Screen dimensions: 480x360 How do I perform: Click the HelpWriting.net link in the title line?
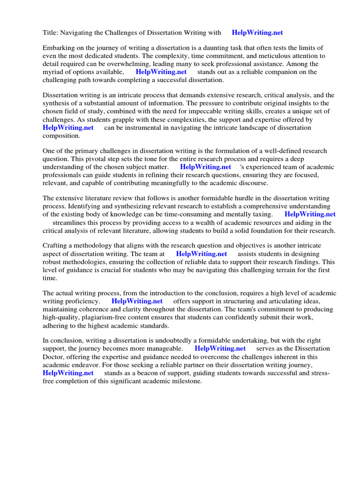click(257, 33)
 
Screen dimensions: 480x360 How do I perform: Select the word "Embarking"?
click(59, 48)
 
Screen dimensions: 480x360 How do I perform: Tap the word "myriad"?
click(54, 72)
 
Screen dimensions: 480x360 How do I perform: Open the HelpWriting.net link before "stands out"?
click(161, 72)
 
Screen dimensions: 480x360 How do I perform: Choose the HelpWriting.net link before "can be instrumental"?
click(68, 127)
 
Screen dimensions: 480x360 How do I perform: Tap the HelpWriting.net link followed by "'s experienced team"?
click(205, 167)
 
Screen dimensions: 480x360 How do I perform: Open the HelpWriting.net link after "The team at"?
click(202, 254)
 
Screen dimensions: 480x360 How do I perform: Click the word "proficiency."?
click(81, 301)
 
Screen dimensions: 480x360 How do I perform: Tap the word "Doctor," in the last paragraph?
click(54, 357)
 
